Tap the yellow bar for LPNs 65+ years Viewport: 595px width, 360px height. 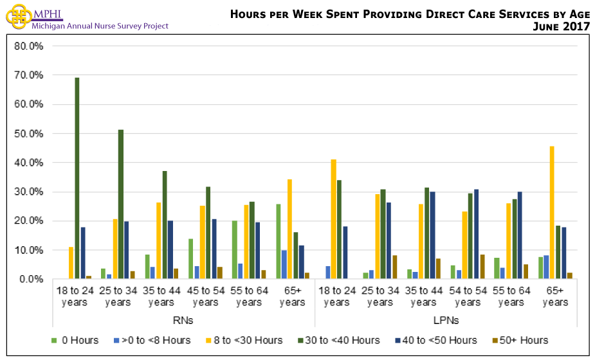click(x=552, y=213)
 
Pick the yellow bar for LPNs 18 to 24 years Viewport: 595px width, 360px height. click(x=333, y=219)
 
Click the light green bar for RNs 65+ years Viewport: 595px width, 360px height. click(x=279, y=242)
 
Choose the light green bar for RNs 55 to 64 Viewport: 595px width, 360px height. click(x=235, y=250)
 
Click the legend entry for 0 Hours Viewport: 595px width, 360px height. click(x=75, y=340)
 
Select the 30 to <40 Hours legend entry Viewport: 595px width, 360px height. click(x=340, y=340)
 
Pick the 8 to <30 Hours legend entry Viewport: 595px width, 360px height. click(x=248, y=340)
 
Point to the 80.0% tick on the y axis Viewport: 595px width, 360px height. click(x=29, y=46)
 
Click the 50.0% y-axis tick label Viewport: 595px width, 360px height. click(x=29, y=134)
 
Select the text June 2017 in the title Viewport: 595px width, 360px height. click(x=561, y=26)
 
